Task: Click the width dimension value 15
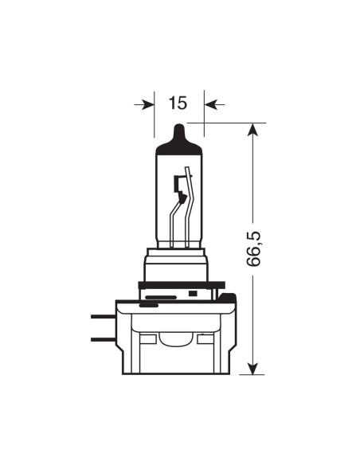point(178,104)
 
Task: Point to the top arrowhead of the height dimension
point(252,130)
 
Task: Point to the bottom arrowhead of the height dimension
point(252,367)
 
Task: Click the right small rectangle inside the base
point(206,339)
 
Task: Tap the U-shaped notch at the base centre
point(176,340)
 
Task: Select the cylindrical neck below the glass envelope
point(176,265)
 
